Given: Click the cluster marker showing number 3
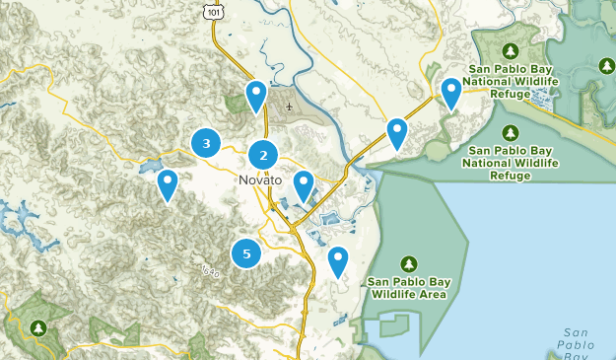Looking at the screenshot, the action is coord(206,144).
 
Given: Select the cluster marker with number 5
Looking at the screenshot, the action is coord(246,253).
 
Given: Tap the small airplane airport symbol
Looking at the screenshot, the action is coord(288,106).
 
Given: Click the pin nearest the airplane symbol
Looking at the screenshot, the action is coord(256,96).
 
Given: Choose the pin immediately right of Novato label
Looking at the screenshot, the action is coord(303,184).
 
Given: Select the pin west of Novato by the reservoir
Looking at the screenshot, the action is coord(168,183).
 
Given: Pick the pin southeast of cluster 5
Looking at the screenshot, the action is coord(338,260).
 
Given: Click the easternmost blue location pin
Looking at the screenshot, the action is coord(451,92).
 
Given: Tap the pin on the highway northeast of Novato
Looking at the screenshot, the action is coord(397,132).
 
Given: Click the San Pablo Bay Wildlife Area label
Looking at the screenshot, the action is coord(408,287).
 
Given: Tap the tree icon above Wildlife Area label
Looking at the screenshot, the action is coord(409,263).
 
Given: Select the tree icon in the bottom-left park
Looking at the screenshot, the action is coord(38,327).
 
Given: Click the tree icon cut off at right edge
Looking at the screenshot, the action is coord(607,66).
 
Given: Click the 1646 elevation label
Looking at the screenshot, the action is coord(208,270).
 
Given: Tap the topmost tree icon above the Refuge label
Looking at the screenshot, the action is coord(511,50).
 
